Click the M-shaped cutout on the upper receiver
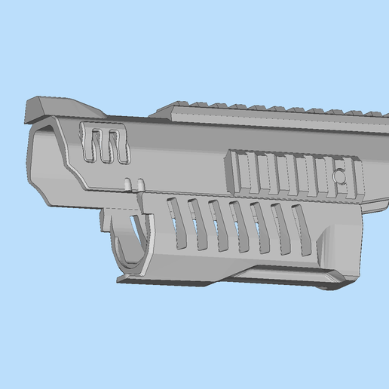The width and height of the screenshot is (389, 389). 105,145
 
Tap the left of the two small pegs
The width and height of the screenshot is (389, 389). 128,184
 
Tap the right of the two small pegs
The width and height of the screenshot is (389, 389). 140,184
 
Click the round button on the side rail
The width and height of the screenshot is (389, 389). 341,176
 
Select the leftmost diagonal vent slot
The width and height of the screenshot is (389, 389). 178,222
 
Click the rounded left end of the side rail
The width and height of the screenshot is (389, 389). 229,167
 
